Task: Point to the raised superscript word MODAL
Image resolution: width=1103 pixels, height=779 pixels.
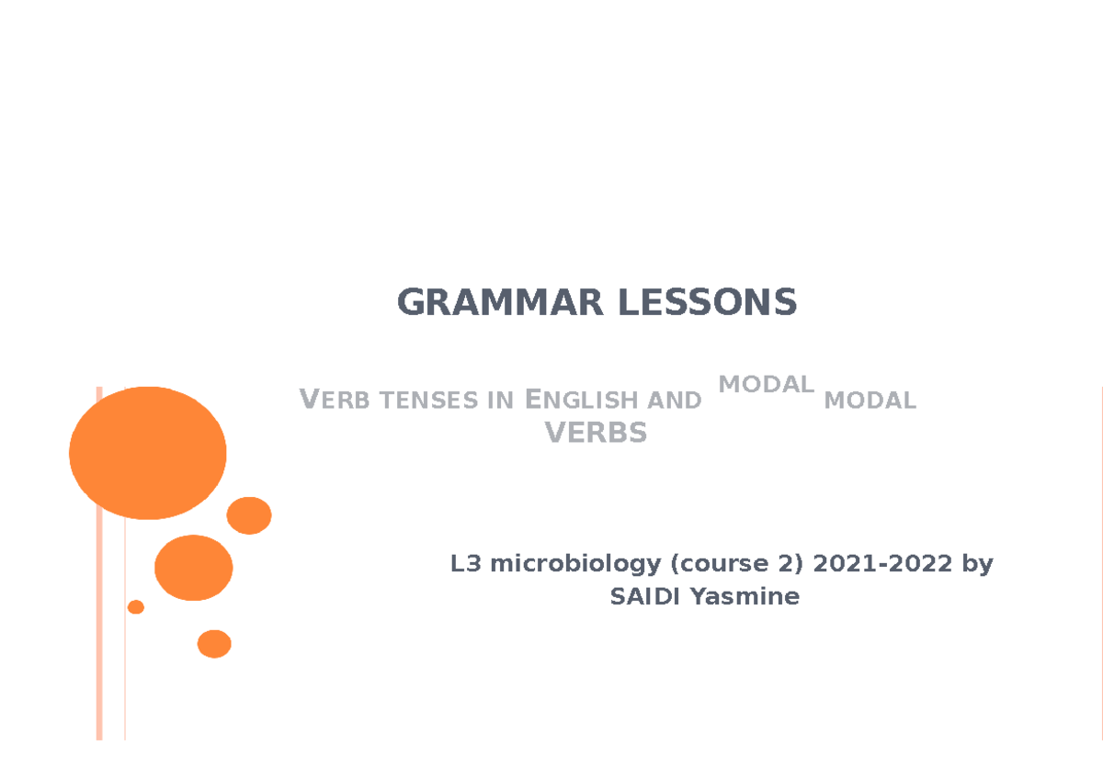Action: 766,384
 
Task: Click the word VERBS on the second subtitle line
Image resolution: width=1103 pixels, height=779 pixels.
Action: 597,432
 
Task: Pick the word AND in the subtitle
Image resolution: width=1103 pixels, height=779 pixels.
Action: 674,401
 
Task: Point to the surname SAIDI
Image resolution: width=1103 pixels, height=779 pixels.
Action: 646,597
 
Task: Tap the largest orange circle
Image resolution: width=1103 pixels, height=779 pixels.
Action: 148,453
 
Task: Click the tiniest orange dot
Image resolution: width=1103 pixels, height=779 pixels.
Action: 136,606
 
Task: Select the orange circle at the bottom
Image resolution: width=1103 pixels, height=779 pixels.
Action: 214,644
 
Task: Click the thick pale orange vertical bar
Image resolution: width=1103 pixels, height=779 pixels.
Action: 99,562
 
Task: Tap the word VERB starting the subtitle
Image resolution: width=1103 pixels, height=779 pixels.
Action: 329,401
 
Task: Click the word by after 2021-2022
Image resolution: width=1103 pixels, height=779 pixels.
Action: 977,564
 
